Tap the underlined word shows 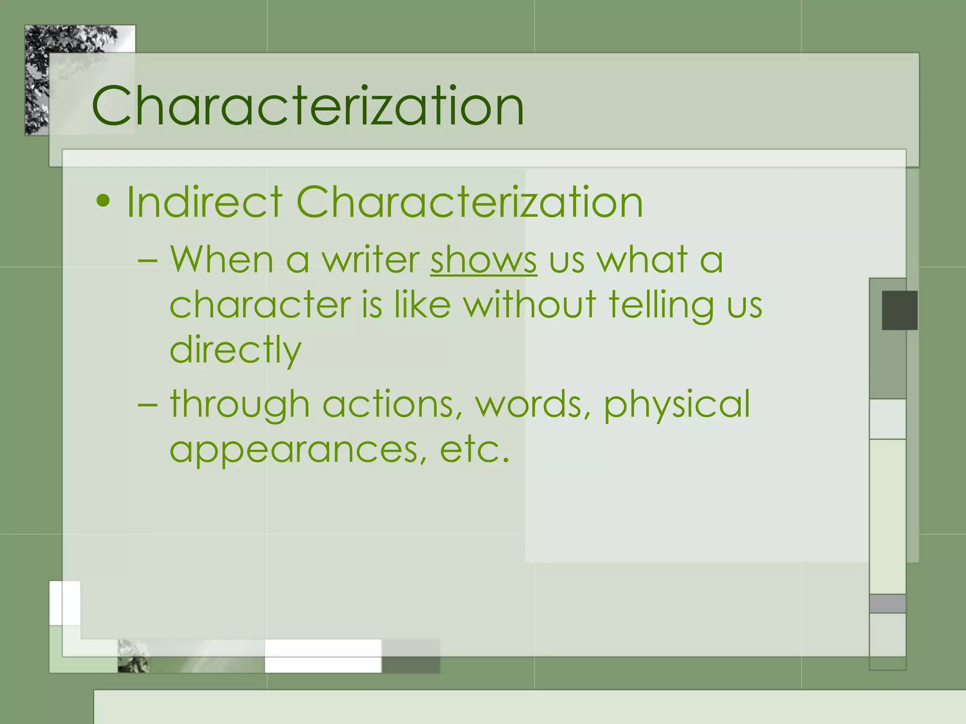point(483,260)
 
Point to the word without point(530,304)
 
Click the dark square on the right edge point(899,310)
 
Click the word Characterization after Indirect point(469,202)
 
